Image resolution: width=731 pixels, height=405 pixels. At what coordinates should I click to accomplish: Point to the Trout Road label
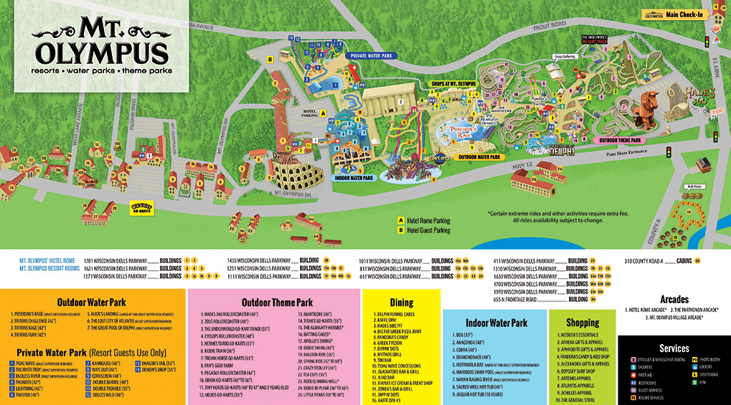coord(549,26)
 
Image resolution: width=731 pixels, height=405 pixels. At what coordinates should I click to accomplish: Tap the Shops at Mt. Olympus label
coord(453,84)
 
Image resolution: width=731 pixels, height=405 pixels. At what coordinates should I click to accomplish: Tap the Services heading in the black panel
coord(674,347)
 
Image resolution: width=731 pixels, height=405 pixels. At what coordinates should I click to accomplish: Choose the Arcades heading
coord(673,299)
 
